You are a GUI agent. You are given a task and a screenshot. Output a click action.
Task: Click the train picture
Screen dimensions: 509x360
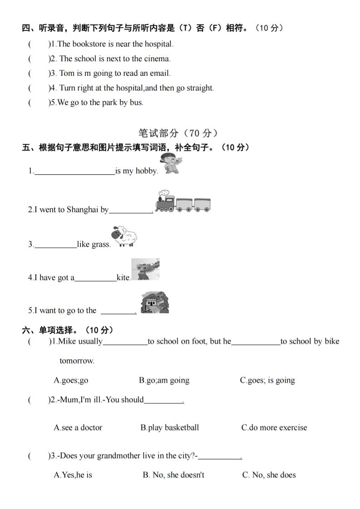tap(182, 202)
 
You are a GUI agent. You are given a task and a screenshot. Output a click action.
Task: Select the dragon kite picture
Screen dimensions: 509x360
tap(145, 269)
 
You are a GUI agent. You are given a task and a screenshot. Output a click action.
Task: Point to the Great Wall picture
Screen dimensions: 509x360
tap(155, 303)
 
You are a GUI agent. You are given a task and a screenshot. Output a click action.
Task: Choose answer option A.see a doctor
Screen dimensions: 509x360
tap(78, 427)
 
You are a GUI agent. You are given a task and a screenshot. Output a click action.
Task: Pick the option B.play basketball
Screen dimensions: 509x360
tap(169, 427)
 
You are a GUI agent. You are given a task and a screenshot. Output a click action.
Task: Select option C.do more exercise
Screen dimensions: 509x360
tap(274, 427)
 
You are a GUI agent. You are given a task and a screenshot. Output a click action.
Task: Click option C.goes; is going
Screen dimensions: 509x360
tap(267, 380)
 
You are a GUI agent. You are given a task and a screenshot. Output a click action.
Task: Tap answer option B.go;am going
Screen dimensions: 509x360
tap(164, 380)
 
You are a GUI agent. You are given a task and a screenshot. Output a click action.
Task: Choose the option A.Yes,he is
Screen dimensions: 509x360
tap(73, 475)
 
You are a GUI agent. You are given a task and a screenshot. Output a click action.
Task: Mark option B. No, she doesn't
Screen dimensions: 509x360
tap(173, 475)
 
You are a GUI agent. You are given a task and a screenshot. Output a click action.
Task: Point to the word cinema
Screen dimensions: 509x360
tap(157, 59)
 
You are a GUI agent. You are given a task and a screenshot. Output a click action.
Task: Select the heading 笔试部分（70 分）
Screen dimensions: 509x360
tap(178, 133)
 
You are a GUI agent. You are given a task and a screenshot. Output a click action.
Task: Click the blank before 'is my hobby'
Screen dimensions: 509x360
tap(74, 171)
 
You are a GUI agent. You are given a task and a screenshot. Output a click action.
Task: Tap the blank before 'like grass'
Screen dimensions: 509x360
tap(55, 245)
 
